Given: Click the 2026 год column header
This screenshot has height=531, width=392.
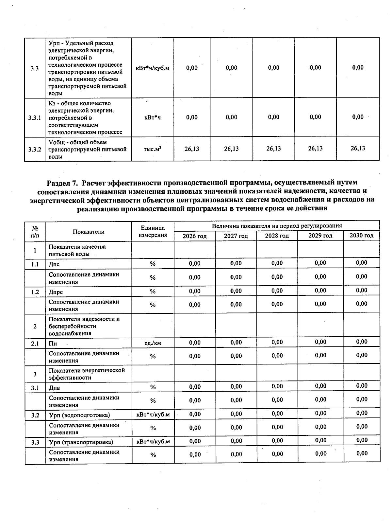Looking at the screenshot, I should [194, 236].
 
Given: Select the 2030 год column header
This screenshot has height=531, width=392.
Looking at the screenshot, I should [361, 236].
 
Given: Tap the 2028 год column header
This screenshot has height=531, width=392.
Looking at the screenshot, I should [277, 236].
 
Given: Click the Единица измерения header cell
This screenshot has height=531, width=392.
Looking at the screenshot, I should [153, 231].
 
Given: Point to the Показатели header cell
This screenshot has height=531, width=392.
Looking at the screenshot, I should [88, 232].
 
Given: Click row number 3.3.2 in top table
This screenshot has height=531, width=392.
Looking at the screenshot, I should [35, 150].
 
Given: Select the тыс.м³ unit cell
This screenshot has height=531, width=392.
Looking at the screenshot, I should [153, 149].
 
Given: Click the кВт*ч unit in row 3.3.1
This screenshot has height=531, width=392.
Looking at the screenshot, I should [153, 117].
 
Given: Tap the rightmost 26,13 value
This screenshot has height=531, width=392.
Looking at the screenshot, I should [358, 148].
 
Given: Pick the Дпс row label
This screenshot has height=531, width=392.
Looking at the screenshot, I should [54, 264].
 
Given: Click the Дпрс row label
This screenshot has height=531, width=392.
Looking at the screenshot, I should [56, 292].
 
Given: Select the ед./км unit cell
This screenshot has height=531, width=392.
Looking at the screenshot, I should [153, 343].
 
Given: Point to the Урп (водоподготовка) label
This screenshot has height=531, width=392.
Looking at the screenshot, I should [79, 415].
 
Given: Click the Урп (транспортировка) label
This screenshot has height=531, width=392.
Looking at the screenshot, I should [81, 442].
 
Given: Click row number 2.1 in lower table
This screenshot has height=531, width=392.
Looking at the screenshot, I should [35, 344].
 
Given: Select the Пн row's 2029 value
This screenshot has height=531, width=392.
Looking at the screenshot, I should [320, 342].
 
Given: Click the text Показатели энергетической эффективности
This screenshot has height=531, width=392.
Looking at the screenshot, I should [87, 374].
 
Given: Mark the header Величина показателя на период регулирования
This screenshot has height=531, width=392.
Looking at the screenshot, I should [276, 226].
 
